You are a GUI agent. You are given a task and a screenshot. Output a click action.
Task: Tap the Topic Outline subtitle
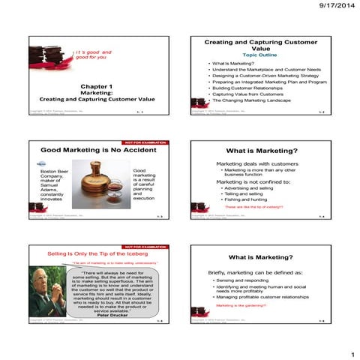click(260, 54)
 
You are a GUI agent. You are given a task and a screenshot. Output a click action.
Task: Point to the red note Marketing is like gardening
click(238, 306)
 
